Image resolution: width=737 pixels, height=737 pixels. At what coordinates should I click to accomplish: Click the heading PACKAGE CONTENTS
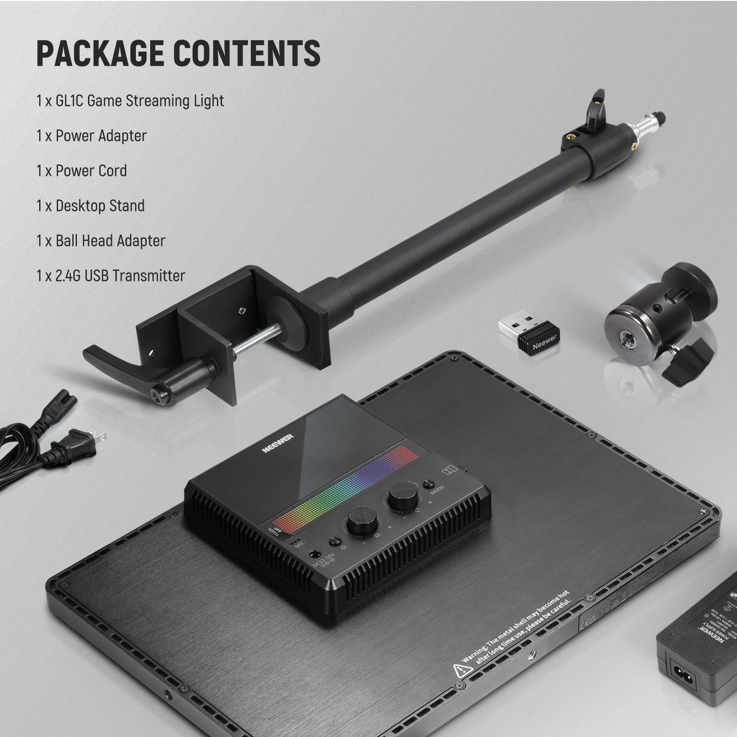click(178, 53)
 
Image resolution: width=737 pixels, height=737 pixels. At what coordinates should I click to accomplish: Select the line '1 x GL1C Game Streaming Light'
click(130, 101)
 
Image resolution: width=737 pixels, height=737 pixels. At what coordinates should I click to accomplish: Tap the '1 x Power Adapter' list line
click(92, 136)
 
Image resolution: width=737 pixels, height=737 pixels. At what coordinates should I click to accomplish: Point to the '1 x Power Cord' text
click(82, 171)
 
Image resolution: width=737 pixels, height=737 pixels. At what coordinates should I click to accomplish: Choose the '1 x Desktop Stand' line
click(91, 206)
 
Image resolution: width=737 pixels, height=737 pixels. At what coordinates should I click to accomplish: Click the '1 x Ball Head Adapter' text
click(101, 241)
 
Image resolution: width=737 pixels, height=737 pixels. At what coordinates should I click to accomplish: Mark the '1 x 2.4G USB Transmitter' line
click(111, 276)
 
